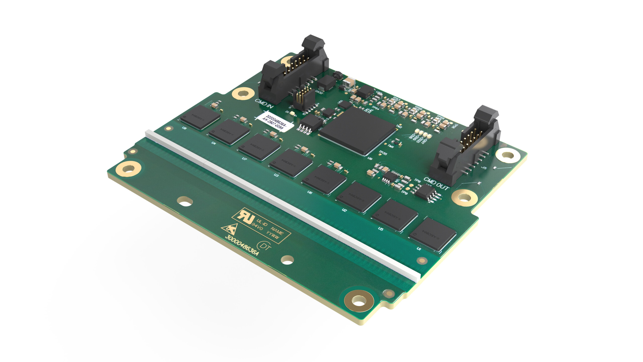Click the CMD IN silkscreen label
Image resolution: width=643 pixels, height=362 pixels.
(264, 103)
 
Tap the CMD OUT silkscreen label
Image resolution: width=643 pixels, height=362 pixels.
(436, 184)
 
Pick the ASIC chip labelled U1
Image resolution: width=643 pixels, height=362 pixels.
(433, 234)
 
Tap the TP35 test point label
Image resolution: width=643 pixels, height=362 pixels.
(383, 153)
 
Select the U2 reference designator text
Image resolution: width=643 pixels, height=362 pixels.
(344, 210)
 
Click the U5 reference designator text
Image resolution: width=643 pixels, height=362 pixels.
(381, 229)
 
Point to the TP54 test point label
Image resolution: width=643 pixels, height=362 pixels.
(376, 108)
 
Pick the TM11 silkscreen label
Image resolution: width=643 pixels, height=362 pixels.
(391, 146)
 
